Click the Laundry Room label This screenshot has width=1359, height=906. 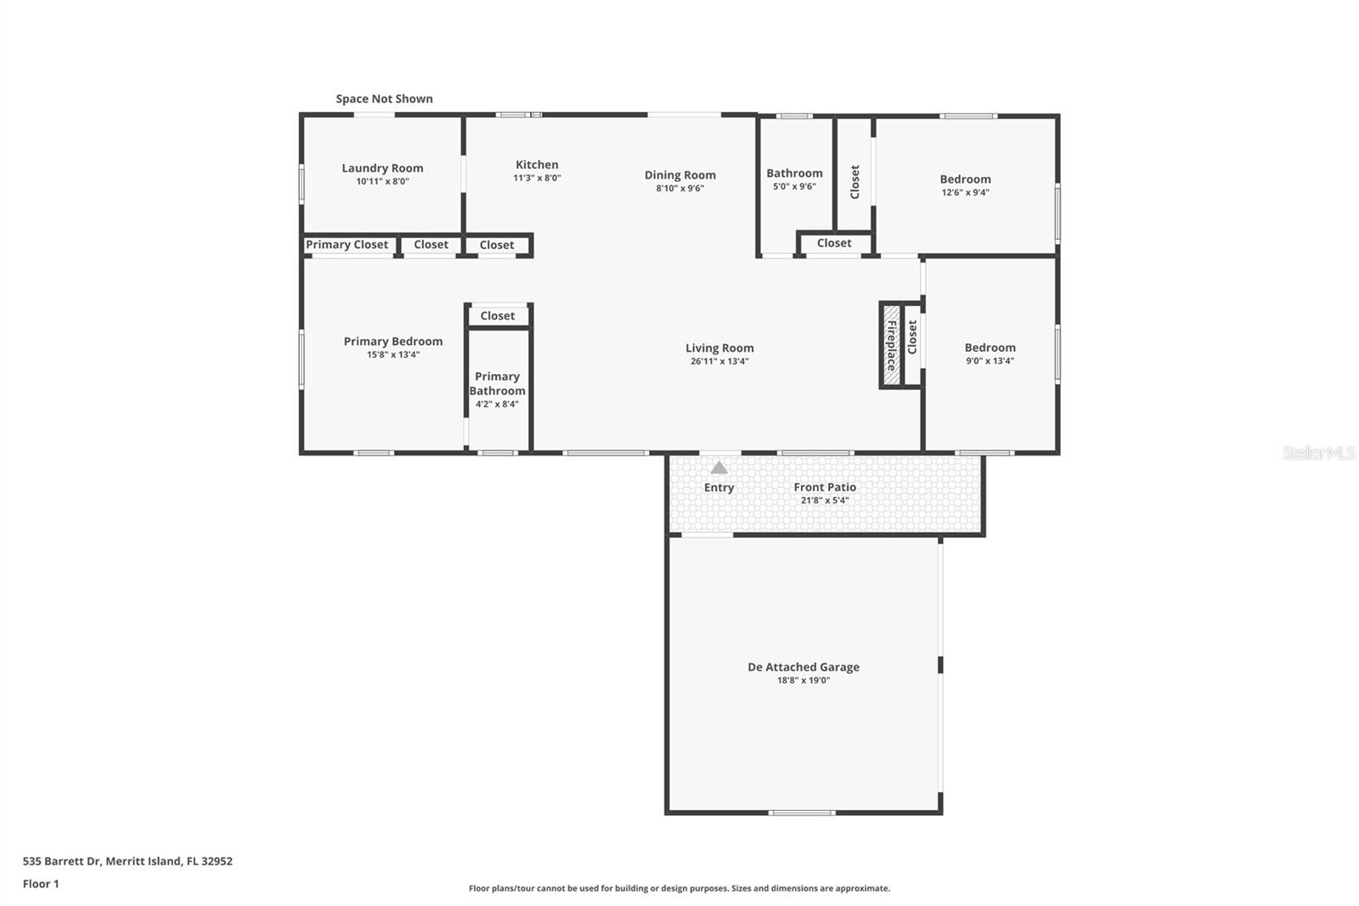tap(382, 168)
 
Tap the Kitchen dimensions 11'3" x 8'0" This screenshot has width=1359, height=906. tap(537, 178)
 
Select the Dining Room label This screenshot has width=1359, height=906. tap(679, 175)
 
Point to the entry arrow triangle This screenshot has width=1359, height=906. tap(719, 467)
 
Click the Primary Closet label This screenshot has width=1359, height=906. tap(347, 245)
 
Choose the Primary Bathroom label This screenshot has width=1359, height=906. tap(497, 383)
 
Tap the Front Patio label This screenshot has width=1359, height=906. tap(824, 487)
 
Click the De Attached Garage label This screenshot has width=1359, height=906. tap(803, 667)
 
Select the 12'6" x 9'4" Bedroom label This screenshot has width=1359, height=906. tap(965, 179)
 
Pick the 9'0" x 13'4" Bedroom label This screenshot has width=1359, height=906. tap(990, 348)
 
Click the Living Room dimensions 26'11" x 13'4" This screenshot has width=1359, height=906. tap(719, 361)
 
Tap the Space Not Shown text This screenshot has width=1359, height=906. tap(384, 99)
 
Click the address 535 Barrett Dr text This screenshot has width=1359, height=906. tap(127, 861)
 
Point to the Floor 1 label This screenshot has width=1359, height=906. tap(41, 884)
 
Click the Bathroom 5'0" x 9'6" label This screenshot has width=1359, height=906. tap(794, 173)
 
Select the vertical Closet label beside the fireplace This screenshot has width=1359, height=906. tap(912, 337)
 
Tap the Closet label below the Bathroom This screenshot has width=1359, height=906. tap(833, 243)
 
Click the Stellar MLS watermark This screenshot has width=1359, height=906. tap(1318, 454)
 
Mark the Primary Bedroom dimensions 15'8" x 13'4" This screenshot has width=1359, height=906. tap(392, 355)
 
